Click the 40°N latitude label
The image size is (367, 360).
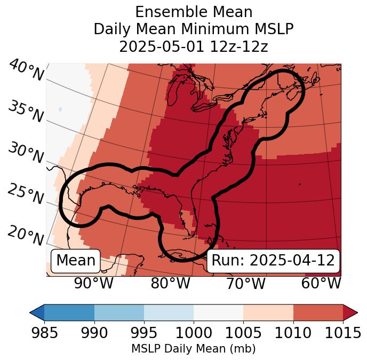point(26,71)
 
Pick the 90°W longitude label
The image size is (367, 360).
point(94,284)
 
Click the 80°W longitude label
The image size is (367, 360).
point(170,284)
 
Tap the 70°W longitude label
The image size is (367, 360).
point(245,284)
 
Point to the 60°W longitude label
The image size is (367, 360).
point(321,284)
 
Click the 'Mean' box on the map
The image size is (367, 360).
point(76,261)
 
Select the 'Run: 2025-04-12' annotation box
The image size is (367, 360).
point(273,261)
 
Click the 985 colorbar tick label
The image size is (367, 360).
point(44,333)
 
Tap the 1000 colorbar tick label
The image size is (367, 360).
point(193,333)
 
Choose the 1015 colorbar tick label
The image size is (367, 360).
point(342,333)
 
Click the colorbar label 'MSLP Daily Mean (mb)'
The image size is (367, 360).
point(193,349)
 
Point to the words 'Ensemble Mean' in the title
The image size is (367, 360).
point(194,12)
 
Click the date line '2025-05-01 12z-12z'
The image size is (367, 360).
point(194,46)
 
